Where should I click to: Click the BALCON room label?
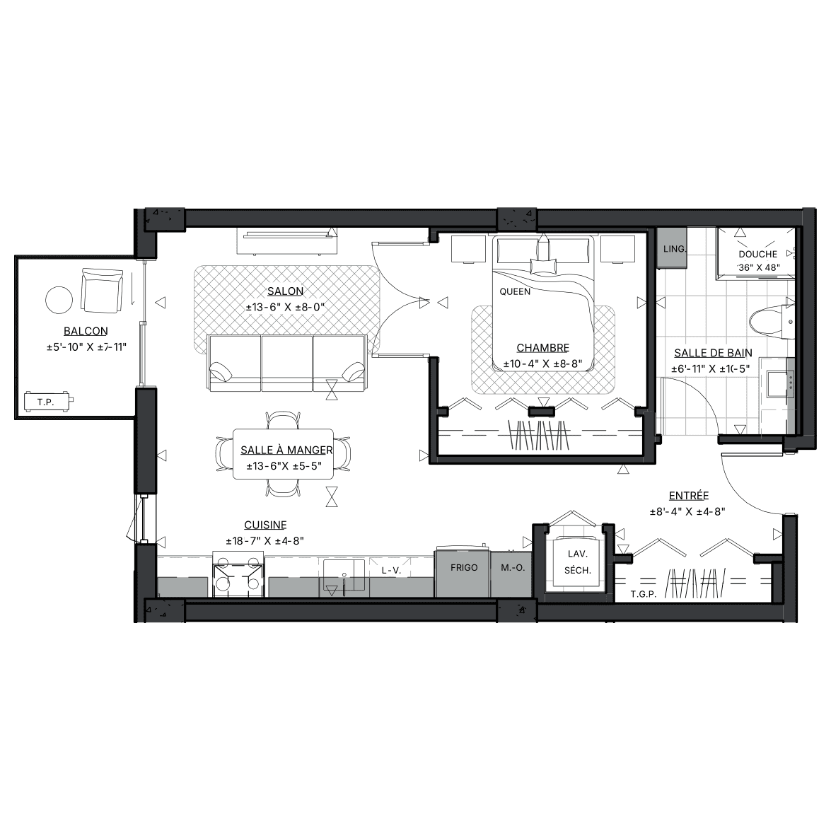coord(86,331)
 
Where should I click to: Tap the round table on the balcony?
coord(59,300)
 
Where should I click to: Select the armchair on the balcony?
coord(102,291)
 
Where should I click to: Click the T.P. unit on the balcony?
coord(47,402)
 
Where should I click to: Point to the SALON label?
coord(285,291)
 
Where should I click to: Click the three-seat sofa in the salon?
coord(287,364)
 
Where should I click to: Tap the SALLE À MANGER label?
coord(286,450)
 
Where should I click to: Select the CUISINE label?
coord(265,525)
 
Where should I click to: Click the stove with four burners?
coord(238,574)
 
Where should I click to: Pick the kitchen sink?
coord(344,576)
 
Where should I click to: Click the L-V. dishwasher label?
coord(391,571)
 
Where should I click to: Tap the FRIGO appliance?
coord(463,571)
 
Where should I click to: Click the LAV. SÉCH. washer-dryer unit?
coord(577,562)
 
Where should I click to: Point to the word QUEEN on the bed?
coord(515,291)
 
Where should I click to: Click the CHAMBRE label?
coord(542,348)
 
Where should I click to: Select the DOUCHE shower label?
coord(758,254)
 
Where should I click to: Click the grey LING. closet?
coord(672,248)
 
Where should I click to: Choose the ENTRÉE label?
coord(688,496)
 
